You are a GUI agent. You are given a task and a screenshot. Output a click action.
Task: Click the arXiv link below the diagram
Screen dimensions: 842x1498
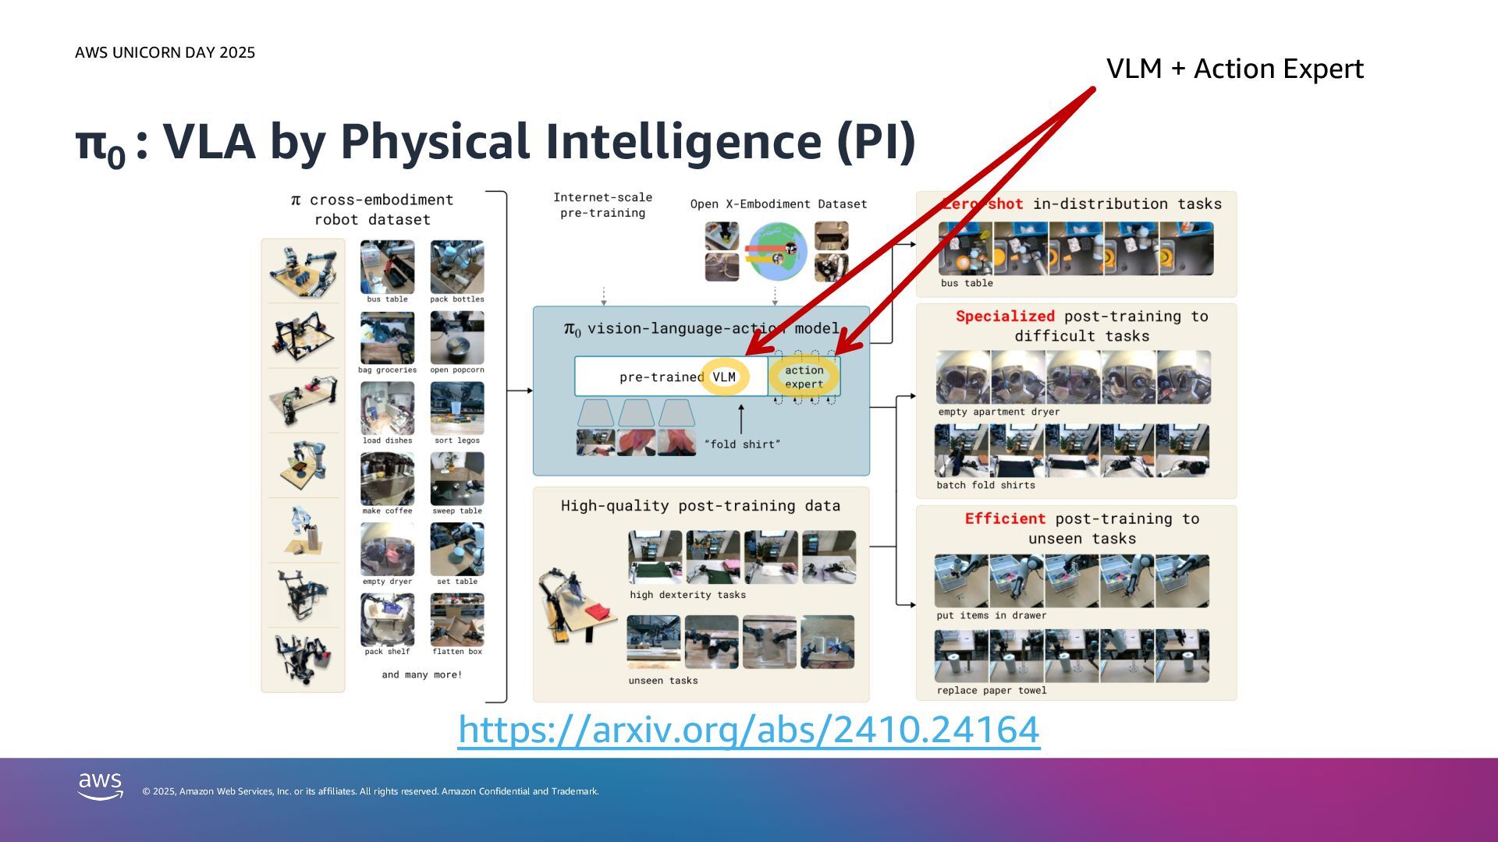tap(748, 730)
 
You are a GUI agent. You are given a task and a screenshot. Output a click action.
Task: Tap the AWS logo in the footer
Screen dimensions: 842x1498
tap(101, 786)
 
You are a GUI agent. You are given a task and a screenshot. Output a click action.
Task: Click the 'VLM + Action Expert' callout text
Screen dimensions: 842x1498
tap(1234, 69)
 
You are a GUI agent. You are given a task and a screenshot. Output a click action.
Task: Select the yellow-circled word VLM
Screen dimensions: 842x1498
tap(724, 377)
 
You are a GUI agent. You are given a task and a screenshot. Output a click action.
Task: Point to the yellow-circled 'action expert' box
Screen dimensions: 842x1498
tap(804, 377)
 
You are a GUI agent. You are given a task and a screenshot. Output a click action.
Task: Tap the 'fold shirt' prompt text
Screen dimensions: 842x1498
tap(742, 444)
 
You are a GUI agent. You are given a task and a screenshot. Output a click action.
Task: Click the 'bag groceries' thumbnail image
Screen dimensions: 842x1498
tap(387, 338)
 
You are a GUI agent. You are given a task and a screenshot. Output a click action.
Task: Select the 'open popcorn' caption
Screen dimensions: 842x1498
tap(457, 370)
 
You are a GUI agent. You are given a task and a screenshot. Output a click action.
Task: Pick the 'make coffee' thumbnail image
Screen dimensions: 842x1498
tap(387, 479)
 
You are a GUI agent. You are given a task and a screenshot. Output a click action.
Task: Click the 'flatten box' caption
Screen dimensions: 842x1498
tap(457, 652)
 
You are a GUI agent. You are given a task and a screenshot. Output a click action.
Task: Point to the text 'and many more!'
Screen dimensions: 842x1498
tap(421, 675)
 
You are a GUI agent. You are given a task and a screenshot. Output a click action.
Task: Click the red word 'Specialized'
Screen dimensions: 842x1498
tap(1005, 317)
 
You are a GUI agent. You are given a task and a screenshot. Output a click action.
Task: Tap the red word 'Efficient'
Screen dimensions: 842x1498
tap(1005, 519)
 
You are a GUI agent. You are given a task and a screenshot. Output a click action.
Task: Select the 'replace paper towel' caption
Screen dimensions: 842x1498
tap(991, 691)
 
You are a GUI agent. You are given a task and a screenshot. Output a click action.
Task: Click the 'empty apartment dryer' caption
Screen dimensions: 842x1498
tap(999, 412)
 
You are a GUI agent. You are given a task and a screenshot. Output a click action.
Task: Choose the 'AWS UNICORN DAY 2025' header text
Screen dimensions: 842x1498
tap(165, 53)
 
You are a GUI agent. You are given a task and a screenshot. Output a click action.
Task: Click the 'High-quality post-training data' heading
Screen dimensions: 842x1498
tap(700, 506)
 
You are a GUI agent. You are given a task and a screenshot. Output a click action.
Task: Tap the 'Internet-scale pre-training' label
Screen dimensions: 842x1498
tap(602, 205)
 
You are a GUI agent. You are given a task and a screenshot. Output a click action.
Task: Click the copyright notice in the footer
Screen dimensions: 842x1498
tap(371, 791)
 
